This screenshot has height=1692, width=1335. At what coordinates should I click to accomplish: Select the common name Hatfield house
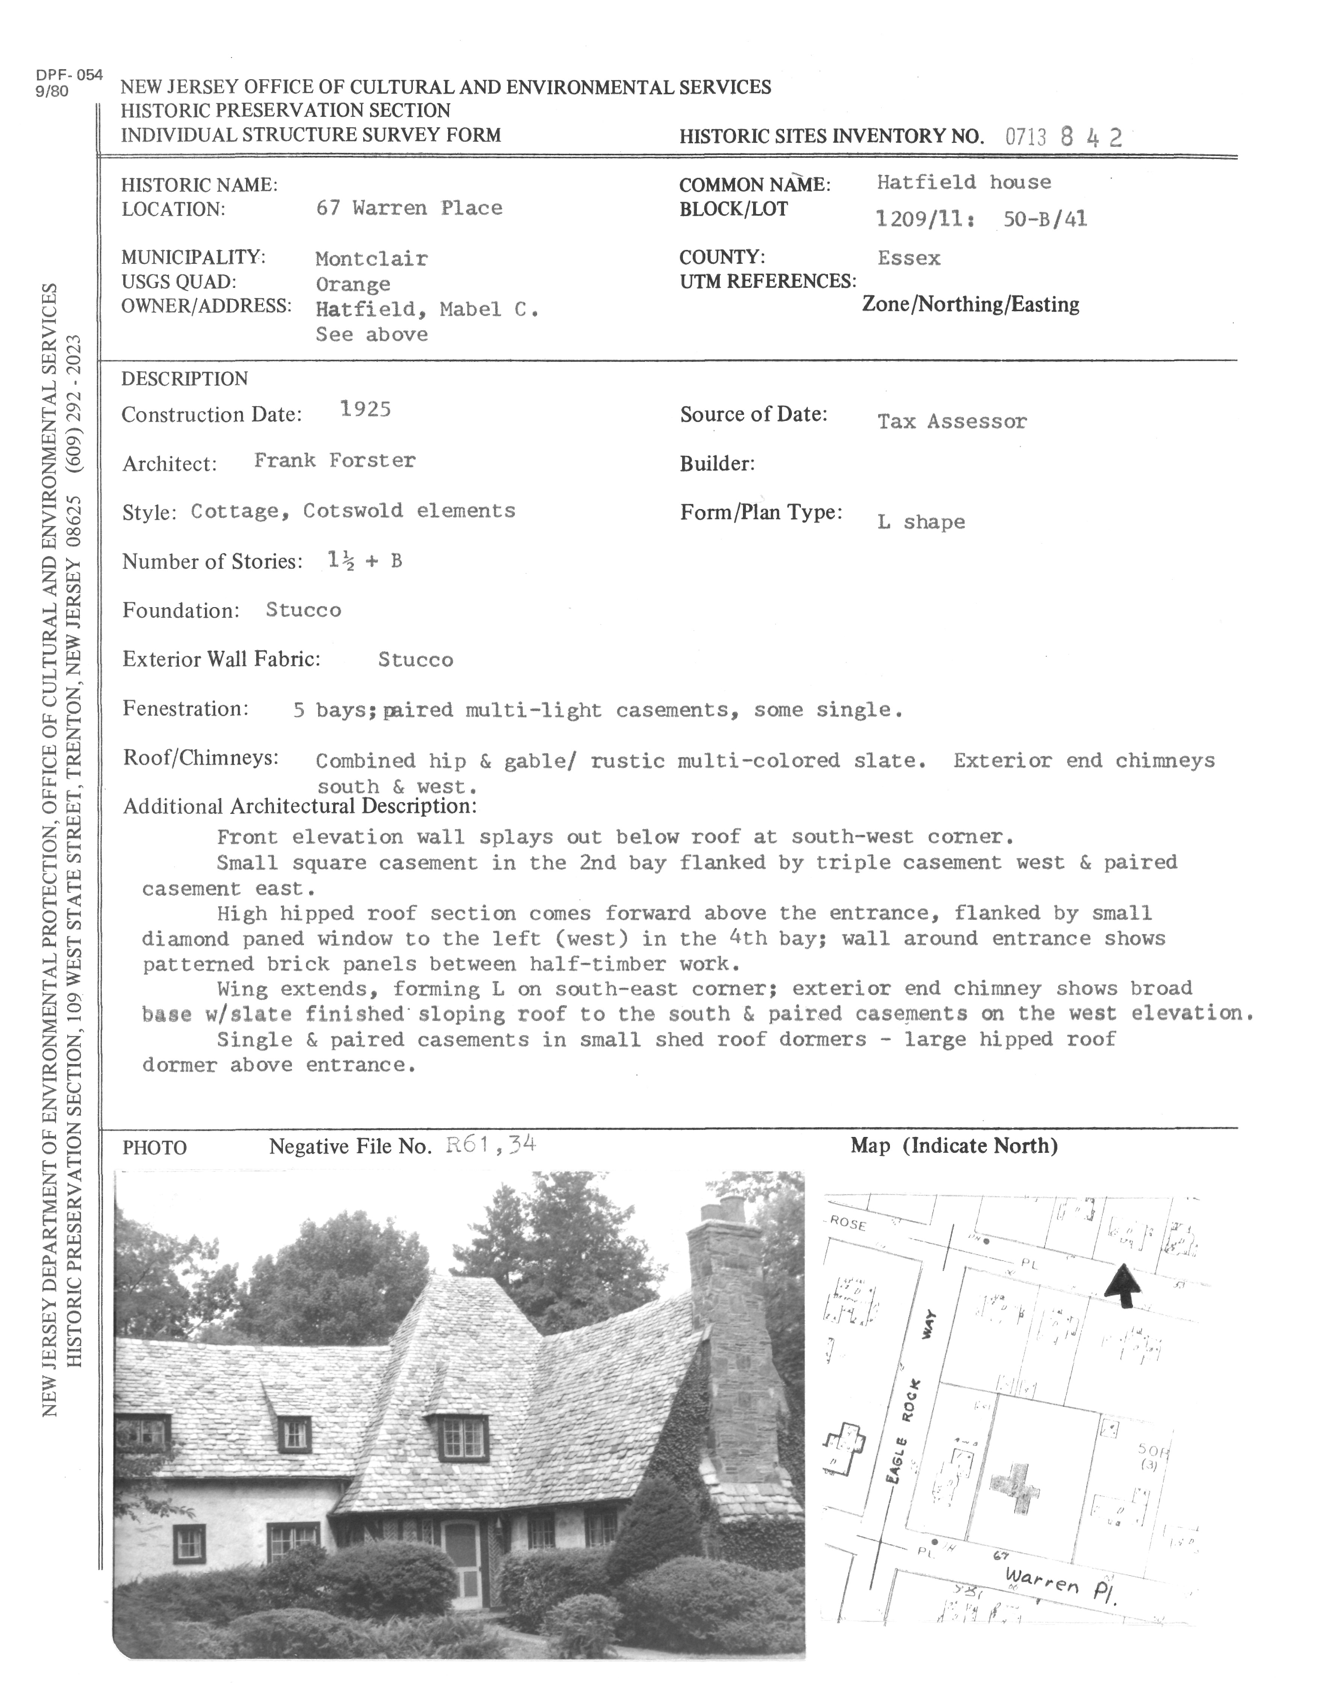(x=964, y=182)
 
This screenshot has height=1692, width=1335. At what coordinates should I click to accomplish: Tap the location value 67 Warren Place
(x=409, y=208)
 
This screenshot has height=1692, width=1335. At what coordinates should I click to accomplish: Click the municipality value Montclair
(x=371, y=258)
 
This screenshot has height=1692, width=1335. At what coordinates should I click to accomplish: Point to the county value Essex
(x=908, y=258)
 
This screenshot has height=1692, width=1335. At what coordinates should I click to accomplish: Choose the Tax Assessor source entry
(x=951, y=422)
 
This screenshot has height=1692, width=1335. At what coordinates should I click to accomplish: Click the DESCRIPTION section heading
(x=184, y=379)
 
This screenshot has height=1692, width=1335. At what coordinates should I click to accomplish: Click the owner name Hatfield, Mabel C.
(x=427, y=310)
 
